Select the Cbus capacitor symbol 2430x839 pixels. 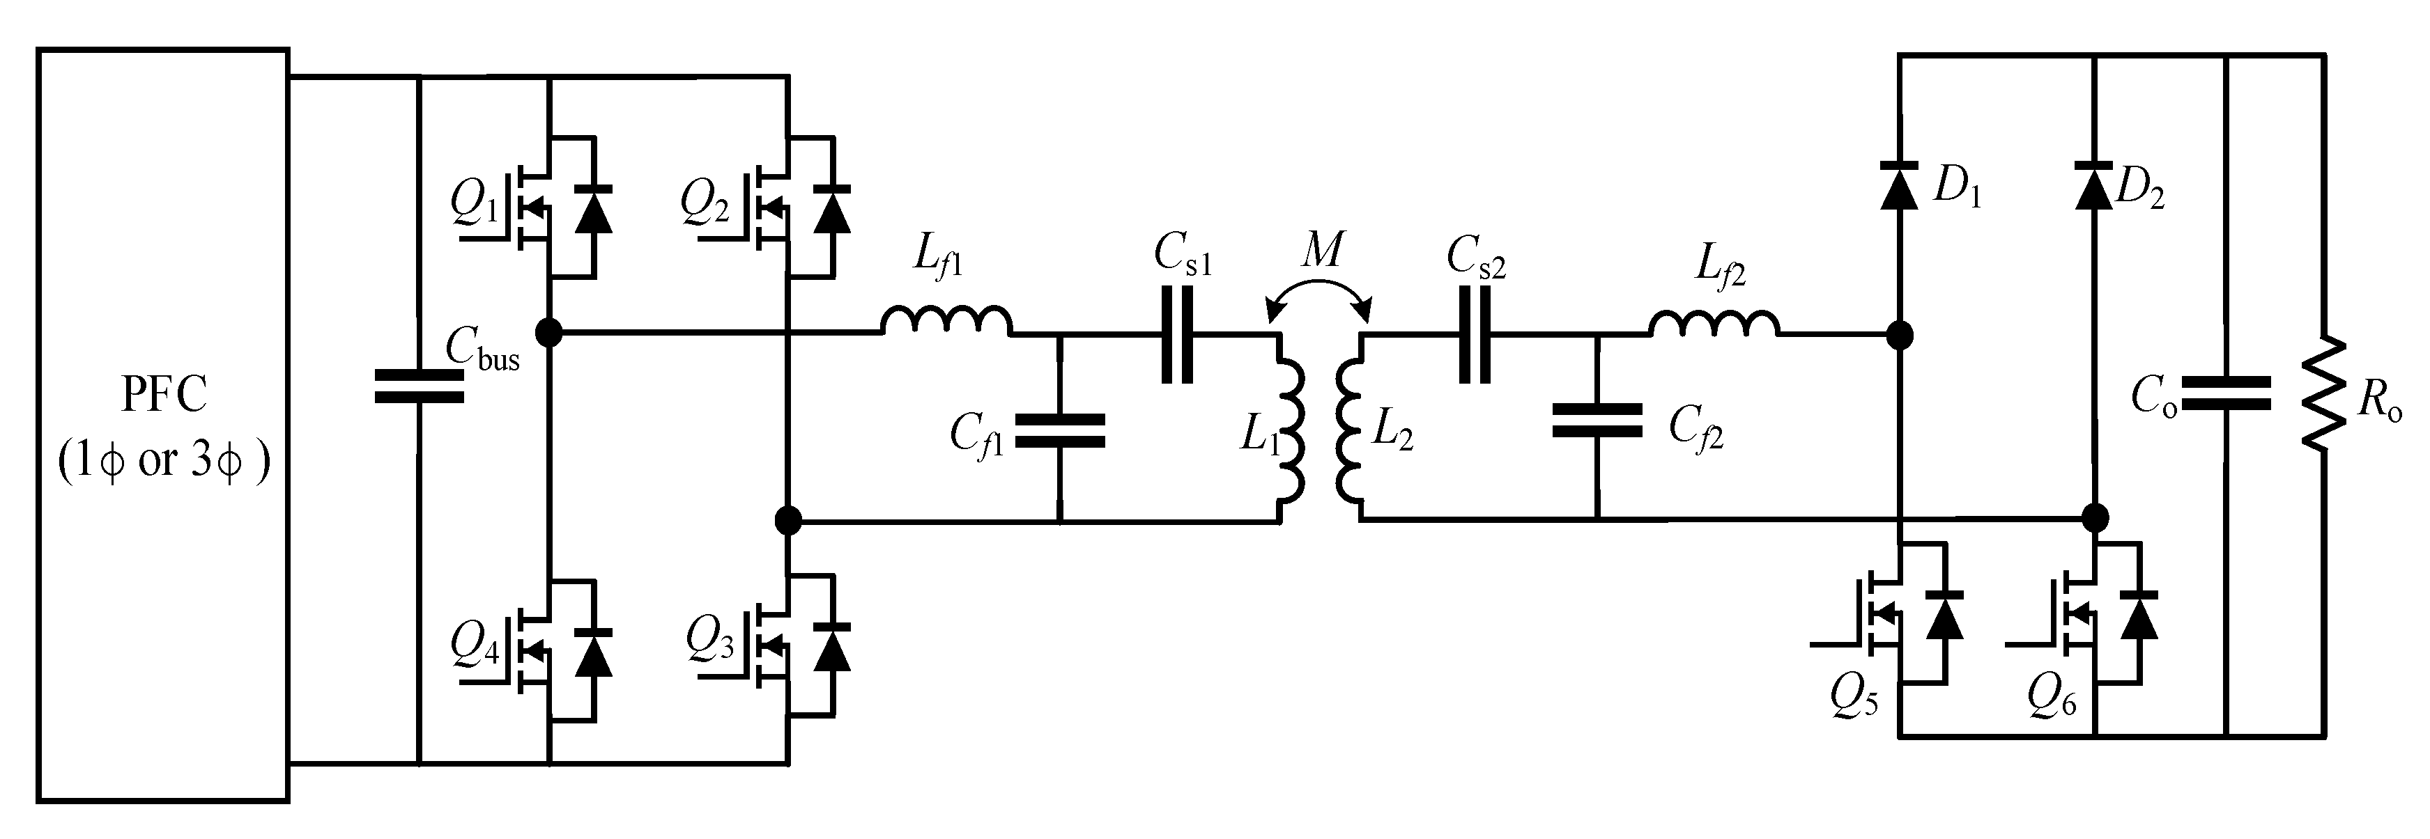click(x=419, y=386)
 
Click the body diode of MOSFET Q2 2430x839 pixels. click(x=831, y=210)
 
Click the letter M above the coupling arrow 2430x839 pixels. click(x=1321, y=252)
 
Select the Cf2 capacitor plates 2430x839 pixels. click(x=1597, y=421)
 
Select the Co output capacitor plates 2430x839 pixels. click(x=2227, y=394)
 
